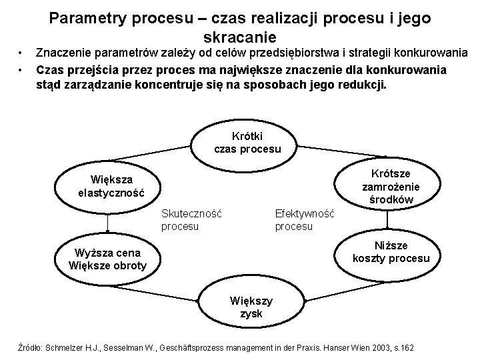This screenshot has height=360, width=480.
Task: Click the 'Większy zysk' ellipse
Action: coord(247,307)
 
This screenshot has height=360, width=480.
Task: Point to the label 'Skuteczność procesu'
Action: coord(191,220)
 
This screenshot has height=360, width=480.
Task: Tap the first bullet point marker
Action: coord(22,53)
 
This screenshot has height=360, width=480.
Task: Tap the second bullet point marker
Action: coord(22,69)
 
